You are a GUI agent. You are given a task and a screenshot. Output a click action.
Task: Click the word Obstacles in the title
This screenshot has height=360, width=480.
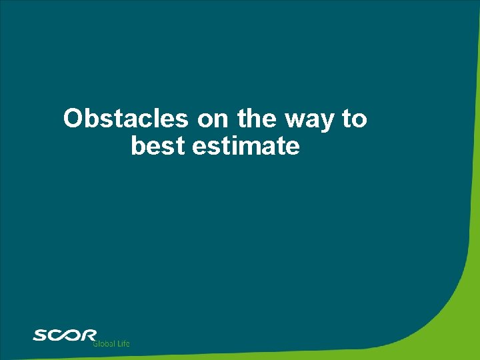point(126,119)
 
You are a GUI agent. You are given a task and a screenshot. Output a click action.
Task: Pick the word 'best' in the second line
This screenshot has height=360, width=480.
point(158,146)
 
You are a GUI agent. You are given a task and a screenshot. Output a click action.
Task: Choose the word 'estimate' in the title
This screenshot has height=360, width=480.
point(246,146)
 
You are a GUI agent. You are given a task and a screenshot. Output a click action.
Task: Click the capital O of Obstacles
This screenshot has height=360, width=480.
point(72,119)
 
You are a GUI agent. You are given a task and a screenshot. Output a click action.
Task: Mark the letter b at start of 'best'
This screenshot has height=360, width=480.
point(138,146)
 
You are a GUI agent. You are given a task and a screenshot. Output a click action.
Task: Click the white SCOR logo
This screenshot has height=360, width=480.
point(65,335)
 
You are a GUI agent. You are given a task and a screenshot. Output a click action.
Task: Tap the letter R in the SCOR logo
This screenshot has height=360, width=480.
point(89,335)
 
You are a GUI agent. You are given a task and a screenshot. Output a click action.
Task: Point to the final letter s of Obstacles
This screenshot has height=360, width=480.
point(183,121)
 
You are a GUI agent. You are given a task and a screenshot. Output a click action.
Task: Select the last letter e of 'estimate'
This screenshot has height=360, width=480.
point(293,147)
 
